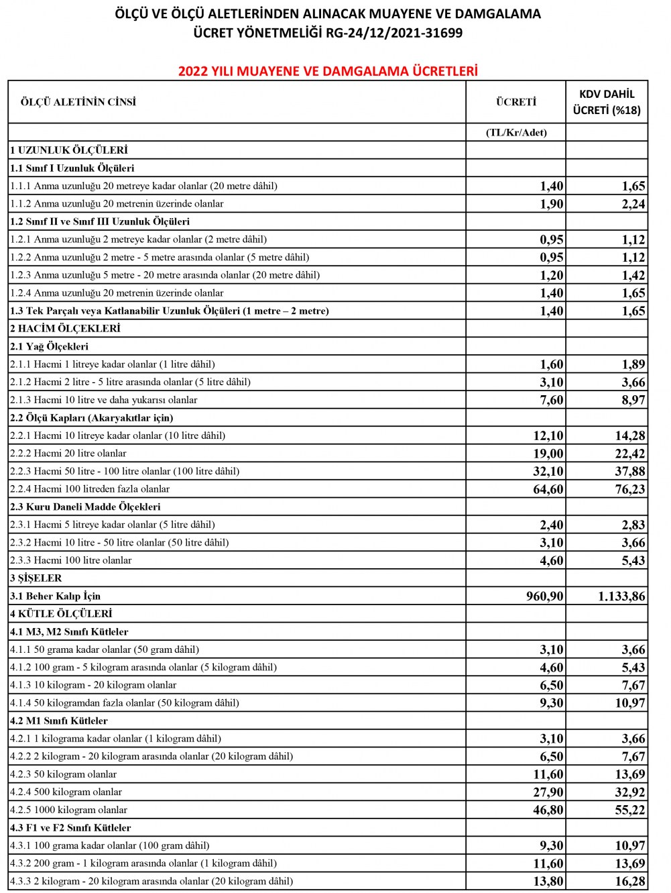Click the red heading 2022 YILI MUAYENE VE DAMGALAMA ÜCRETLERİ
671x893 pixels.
click(x=328, y=71)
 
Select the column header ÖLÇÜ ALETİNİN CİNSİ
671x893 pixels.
click(x=78, y=102)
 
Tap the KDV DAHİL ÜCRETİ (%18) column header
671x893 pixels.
click(x=607, y=102)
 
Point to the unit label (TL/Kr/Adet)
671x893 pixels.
click(x=516, y=132)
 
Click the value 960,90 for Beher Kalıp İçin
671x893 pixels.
click(x=544, y=596)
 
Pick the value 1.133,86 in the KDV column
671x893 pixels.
click(x=621, y=596)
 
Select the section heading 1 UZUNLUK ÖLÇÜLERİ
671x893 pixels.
click(x=69, y=150)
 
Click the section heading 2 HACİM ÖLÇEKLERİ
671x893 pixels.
click(x=65, y=328)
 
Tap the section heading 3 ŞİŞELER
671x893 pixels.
click(x=36, y=578)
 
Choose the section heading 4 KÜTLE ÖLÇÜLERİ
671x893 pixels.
click(x=61, y=613)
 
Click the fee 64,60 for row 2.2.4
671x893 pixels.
click(x=548, y=489)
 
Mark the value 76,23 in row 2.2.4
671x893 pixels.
click(x=630, y=489)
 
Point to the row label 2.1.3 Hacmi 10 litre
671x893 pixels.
click(x=104, y=400)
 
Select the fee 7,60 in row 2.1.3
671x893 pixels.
click(x=551, y=400)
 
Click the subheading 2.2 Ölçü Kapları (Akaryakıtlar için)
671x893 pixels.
click(x=92, y=417)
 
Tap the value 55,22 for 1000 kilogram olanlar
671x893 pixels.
click(x=630, y=810)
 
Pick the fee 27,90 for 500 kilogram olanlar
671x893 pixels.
click(x=548, y=792)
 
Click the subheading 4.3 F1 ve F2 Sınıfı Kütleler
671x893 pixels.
click(x=70, y=827)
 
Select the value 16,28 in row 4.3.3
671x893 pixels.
click(x=630, y=881)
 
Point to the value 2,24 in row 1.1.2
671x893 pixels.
click(x=633, y=204)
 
